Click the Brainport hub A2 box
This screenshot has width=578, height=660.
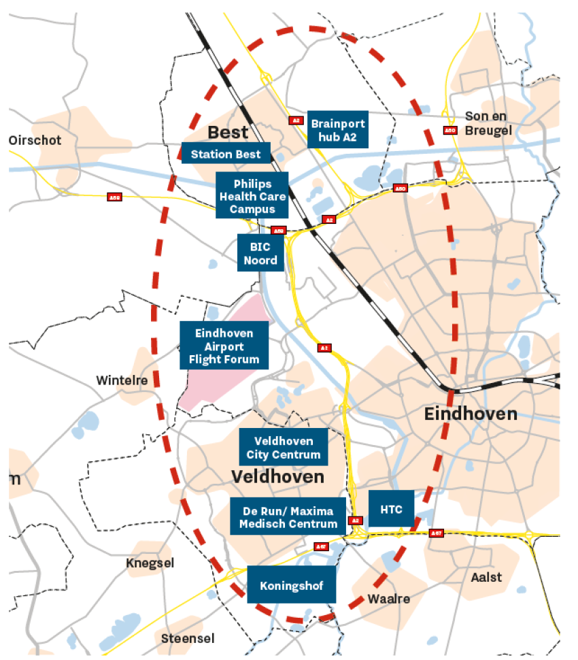337,129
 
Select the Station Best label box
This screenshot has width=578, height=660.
226,154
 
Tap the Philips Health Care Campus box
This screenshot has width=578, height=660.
252,195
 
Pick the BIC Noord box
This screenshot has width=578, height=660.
260,252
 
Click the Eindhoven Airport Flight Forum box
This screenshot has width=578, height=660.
224,345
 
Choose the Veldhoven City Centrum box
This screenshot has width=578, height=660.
283,447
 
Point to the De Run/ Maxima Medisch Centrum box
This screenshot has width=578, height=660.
288,516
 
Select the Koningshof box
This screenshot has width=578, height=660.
292,584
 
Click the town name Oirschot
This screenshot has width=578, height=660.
35,140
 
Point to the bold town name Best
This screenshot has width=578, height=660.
228,131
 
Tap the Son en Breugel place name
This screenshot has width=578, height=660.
488,122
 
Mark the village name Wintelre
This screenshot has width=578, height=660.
122,380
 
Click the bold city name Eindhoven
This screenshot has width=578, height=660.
471,414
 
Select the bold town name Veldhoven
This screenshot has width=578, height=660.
277,476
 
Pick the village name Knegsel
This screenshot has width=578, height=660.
150,563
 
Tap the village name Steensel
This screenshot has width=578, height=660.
188,638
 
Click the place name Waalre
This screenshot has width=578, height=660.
388,599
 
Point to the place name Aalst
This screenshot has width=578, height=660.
486,577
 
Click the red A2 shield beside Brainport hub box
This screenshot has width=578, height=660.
295,120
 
